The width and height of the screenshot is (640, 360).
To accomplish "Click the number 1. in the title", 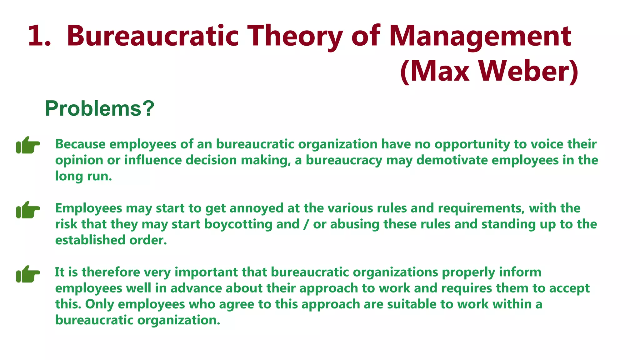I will pyautogui.click(x=39, y=36).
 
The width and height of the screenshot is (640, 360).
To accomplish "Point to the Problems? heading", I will pyautogui.click(x=100, y=108).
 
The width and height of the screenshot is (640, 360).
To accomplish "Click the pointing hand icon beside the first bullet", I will pyautogui.click(x=28, y=145).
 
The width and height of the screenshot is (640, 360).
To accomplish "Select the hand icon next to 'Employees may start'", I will pyautogui.click(x=28, y=210).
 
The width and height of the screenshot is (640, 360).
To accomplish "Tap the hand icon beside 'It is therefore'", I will pyautogui.click(x=28, y=274).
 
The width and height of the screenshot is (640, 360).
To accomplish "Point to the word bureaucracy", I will pyautogui.click(x=344, y=160).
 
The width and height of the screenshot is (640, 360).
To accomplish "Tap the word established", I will pyautogui.click(x=90, y=240).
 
